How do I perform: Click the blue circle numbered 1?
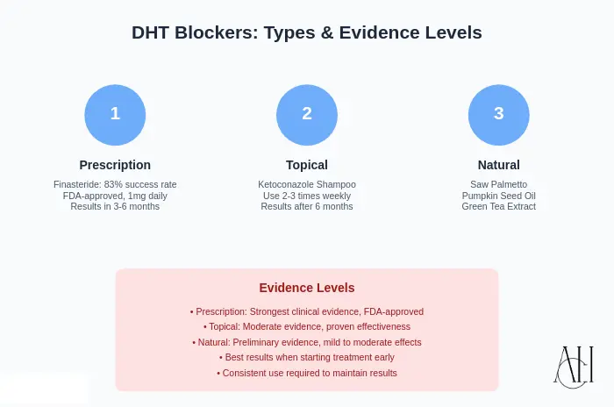(x=115, y=114)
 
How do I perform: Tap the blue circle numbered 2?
(x=307, y=114)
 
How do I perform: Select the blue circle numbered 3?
(x=498, y=114)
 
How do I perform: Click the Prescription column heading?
(x=115, y=165)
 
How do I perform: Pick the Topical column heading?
(x=307, y=165)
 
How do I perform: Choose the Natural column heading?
(x=498, y=165)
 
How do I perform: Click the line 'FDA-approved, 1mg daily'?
(x=115, y=196)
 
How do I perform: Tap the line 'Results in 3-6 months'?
(x=115, y=207)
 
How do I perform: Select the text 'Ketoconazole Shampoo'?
(x=307, y=184)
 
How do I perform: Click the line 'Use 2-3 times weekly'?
(x=307, y=196)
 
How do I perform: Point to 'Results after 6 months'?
(x=307, y=207)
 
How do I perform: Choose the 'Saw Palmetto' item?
(x=498, y=184)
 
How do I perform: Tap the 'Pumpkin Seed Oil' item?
(x=498, y=196)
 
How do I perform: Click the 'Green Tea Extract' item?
(x=498, y=207)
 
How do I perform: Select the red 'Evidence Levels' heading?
(x=307, y=288)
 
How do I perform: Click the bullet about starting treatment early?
(x=307, y=358)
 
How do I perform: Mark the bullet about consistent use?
(x=307, y=373)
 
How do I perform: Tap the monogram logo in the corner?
(x=574, y=366)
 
